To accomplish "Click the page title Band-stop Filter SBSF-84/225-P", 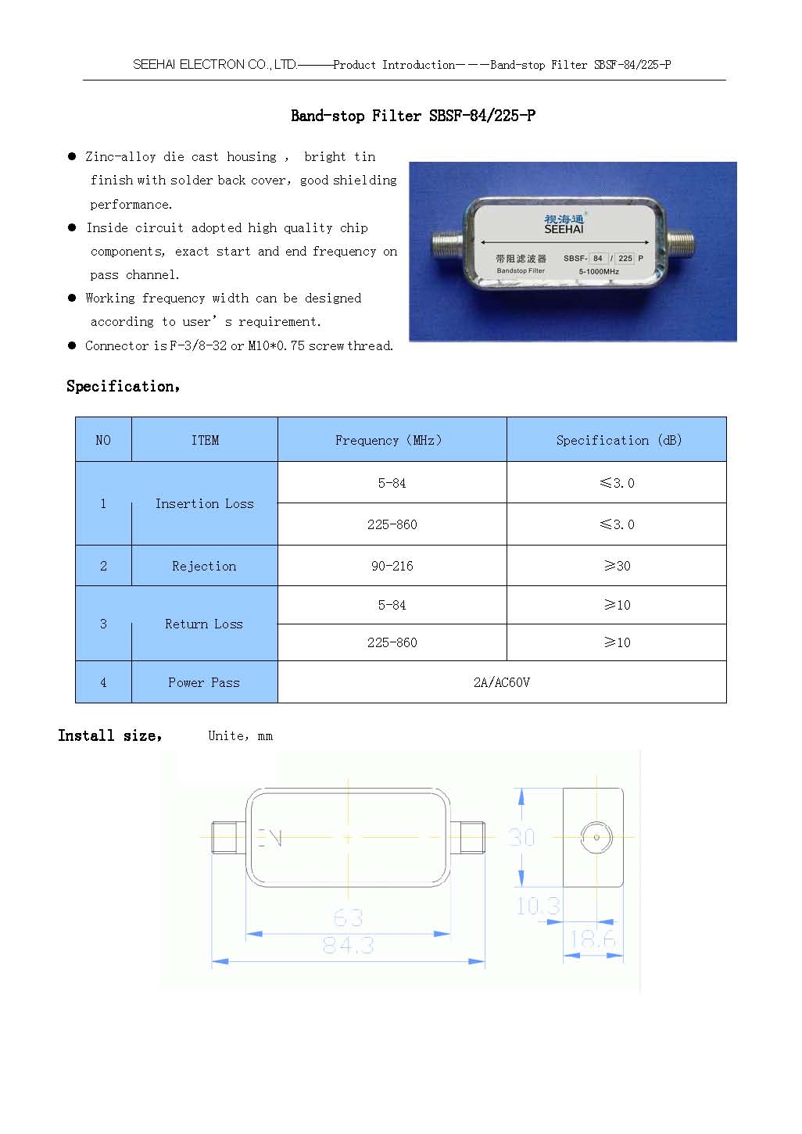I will (x=413, y=116).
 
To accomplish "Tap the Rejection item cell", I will (x=204, y=566).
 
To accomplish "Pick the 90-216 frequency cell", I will (x=392, y=566).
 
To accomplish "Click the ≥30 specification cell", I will (x=617, y=566).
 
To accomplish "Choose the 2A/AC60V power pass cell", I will (x=501, y=682).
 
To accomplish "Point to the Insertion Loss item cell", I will (x=204, y=504).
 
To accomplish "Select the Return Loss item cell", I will (x=204, y=624).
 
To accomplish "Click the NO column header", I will (x=103, y=440).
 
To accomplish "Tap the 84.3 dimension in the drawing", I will (x=348, y=946).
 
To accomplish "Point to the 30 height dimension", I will (x=521, y=837).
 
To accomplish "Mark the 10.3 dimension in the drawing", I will (x=538, y=906).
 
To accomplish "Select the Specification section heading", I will (x=123, y=386).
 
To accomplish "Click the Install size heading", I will (x=109, y=735).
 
